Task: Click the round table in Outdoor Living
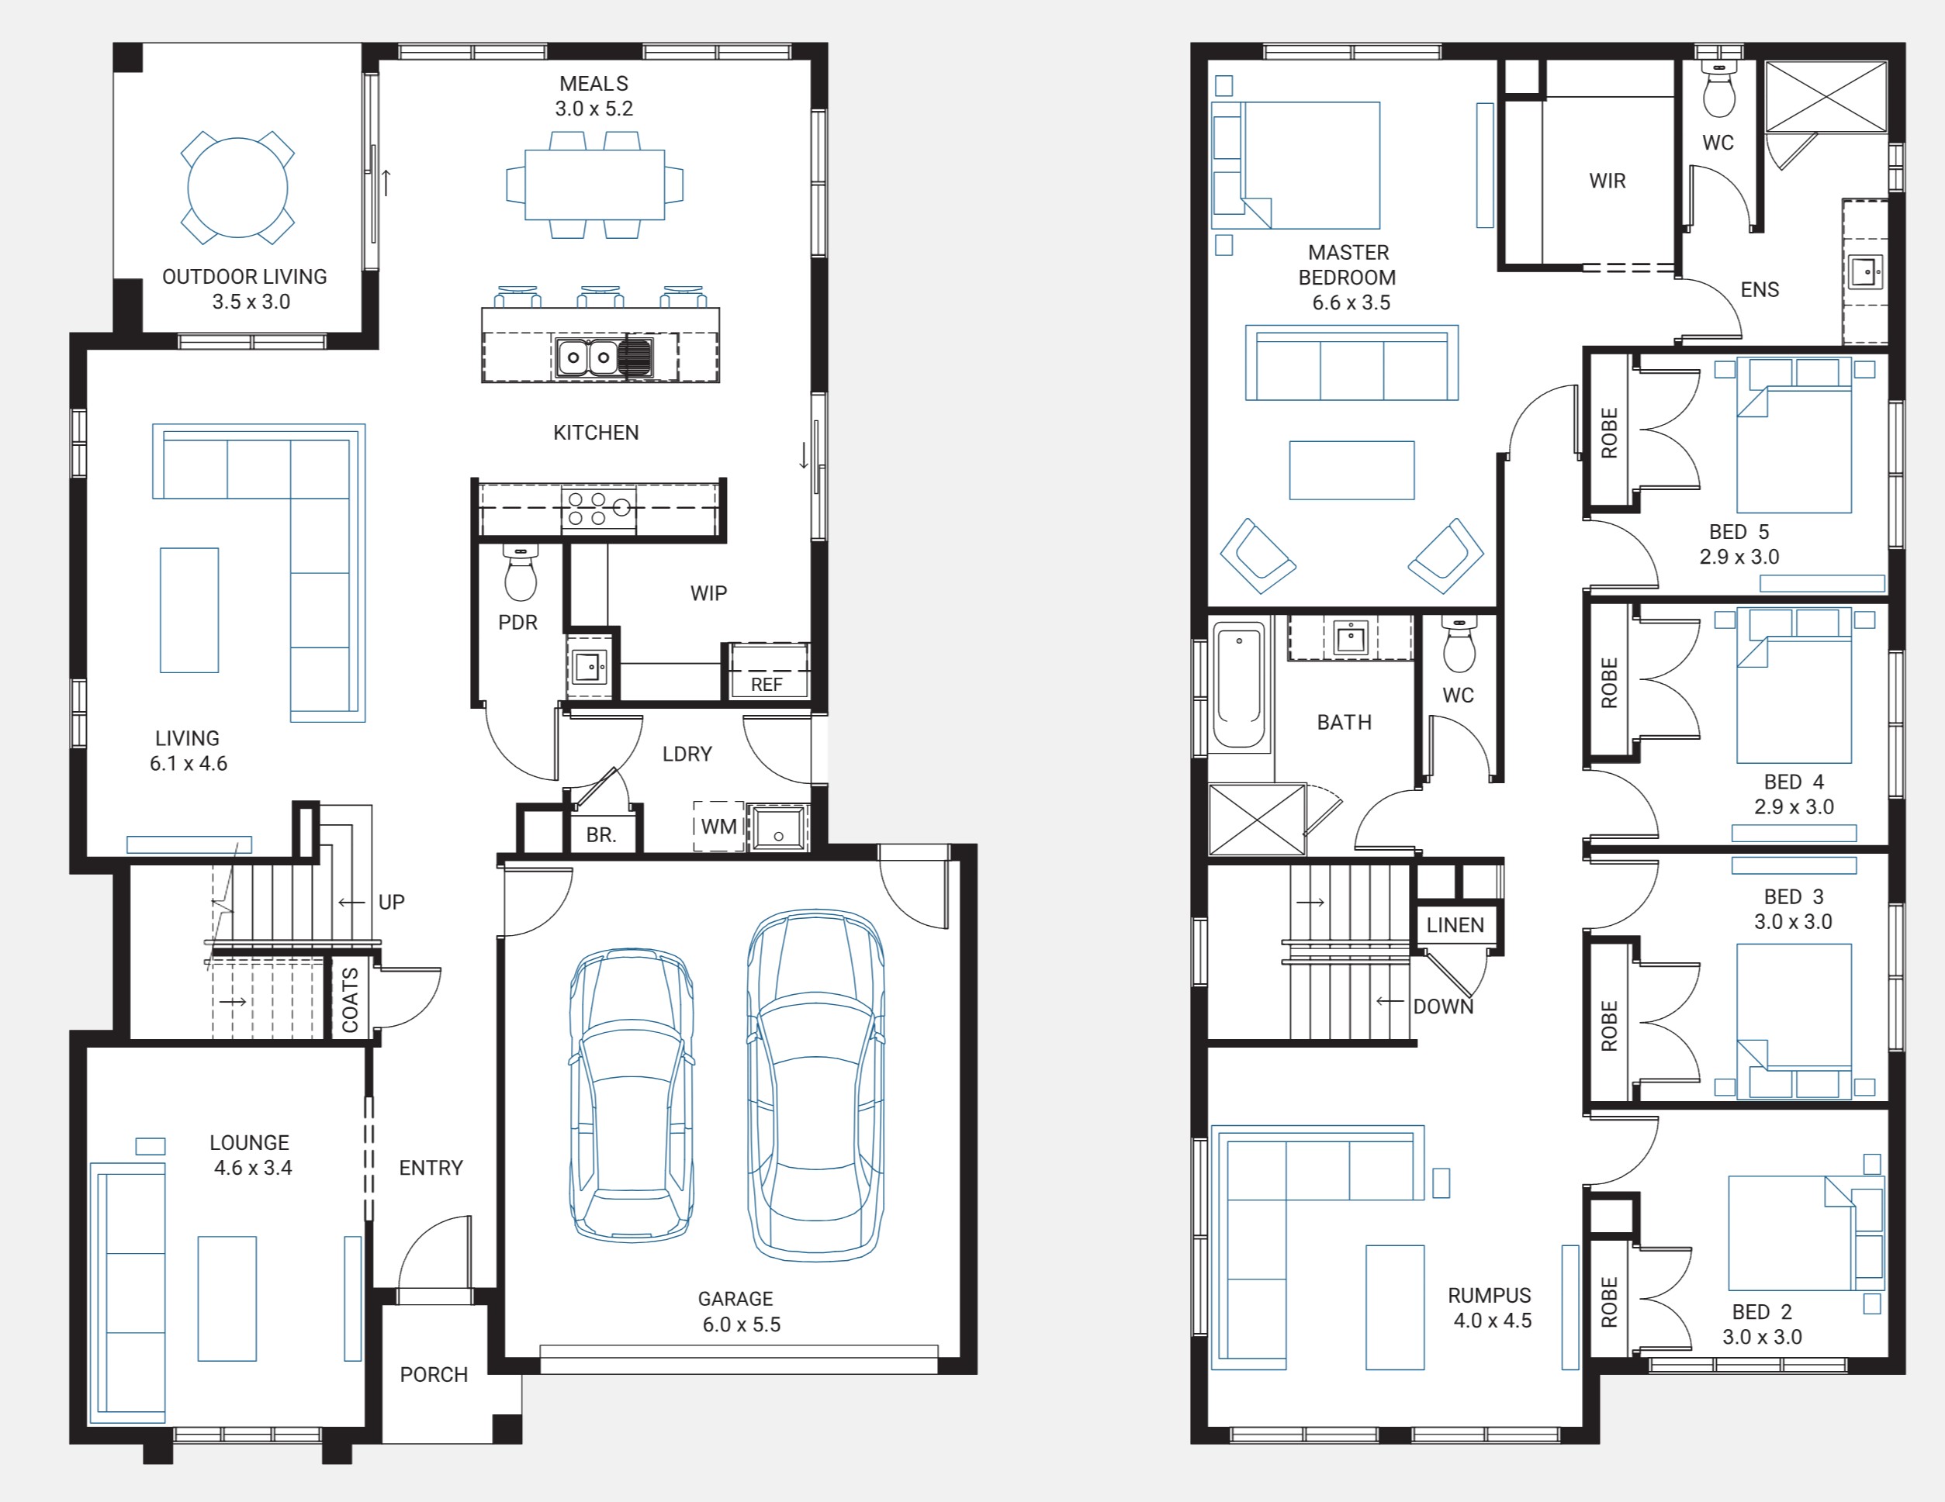(x=237, y=188)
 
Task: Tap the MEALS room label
(x=594, y=84)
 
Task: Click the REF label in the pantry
(x=767, y=685)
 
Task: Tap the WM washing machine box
(x=718, y=827)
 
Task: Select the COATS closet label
(x=350, y=1000)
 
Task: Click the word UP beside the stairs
(x=392, y=902)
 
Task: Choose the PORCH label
(x=434, y=1375)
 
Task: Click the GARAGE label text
(x=735, y=1299)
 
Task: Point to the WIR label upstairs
(x=1608, y=181)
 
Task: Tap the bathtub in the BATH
(x=1239, y=684)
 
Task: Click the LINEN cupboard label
(x=1455, y=925)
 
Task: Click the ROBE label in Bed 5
(x=1609, y=433)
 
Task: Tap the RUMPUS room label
(x=1490, y=1296)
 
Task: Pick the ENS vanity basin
(x=1867, y=271)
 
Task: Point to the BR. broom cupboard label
(x=601, y=835)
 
